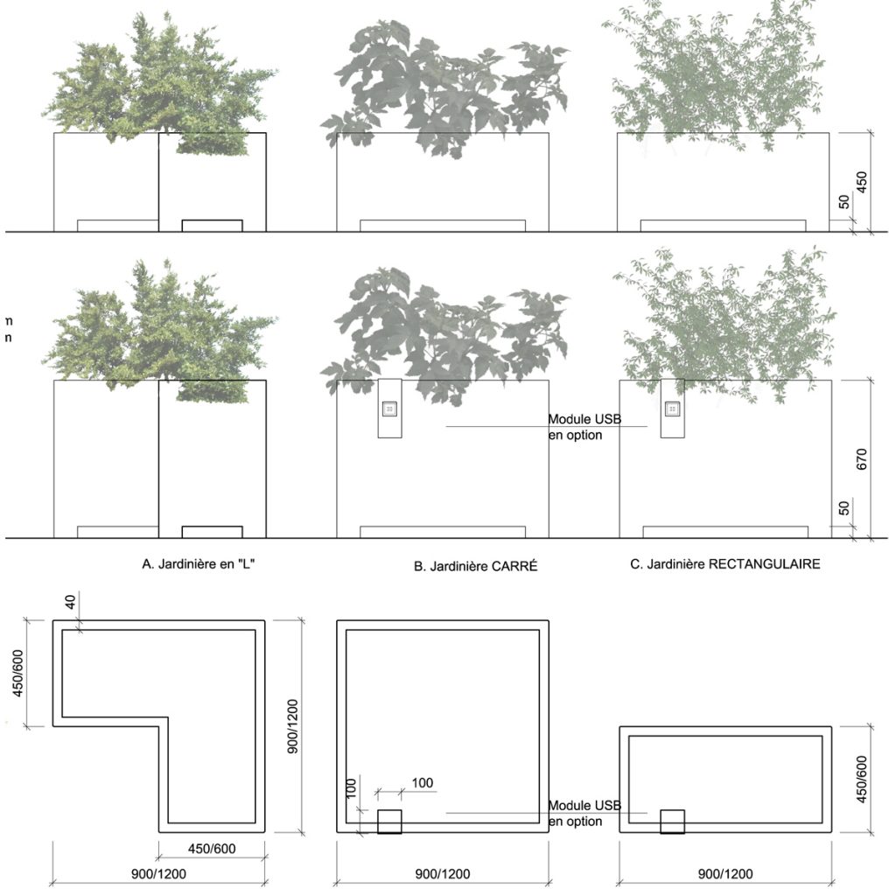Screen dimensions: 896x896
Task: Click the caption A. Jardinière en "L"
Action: [x=199, y=564]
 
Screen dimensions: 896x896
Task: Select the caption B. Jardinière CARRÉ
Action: [x=475, y=566]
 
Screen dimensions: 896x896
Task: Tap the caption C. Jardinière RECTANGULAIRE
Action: [x=725, y=564]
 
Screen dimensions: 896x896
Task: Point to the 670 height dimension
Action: [x=862, y=458]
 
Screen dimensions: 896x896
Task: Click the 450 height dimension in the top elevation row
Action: [x=862, y=182]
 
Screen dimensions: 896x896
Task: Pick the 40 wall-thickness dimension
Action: [x=70, y=602]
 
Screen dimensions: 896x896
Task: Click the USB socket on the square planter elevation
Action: [x=389, y=409]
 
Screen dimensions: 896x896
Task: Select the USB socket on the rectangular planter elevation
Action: [x=673, y=409]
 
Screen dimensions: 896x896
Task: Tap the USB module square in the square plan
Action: [x=389, y=821]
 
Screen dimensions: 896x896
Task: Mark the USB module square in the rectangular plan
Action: [x=673, y=821]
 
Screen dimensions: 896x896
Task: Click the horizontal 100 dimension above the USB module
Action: [x=423, y=783]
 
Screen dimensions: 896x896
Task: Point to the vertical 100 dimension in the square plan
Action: [x=352, y=788]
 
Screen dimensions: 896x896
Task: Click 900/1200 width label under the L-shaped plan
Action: [x=159, y=874]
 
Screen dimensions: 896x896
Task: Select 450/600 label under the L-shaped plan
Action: [x=212, y=849]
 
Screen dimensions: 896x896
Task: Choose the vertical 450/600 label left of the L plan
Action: [x=18, y=673]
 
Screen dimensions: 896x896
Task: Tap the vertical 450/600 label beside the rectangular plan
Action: [x=862, y=779]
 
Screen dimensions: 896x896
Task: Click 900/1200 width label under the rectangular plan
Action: [x=725, y=874]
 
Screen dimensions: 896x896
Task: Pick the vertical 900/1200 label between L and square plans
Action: [x=292, y=726]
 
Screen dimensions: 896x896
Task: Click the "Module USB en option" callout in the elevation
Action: [x=584, y=427]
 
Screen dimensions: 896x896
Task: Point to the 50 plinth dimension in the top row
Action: [x=844, y=201]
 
